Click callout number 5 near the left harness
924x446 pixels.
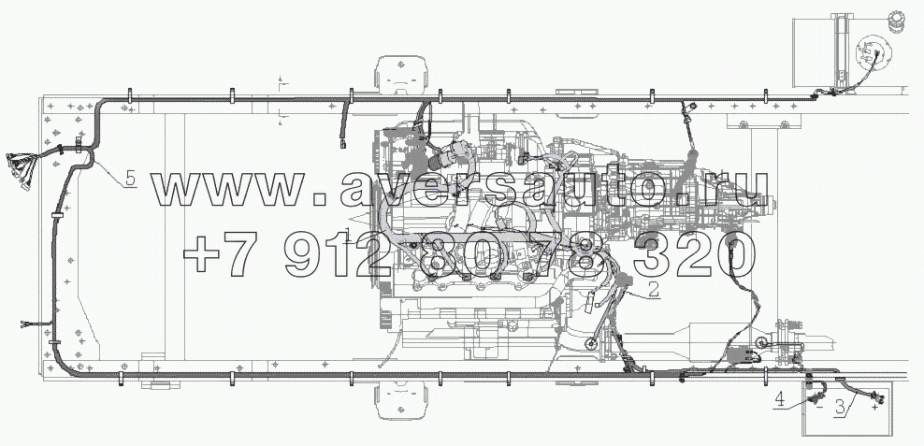130,178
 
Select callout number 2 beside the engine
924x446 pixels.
653,289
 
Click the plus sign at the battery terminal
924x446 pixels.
875,407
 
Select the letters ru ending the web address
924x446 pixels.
740,190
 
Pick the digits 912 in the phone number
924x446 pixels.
337,255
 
